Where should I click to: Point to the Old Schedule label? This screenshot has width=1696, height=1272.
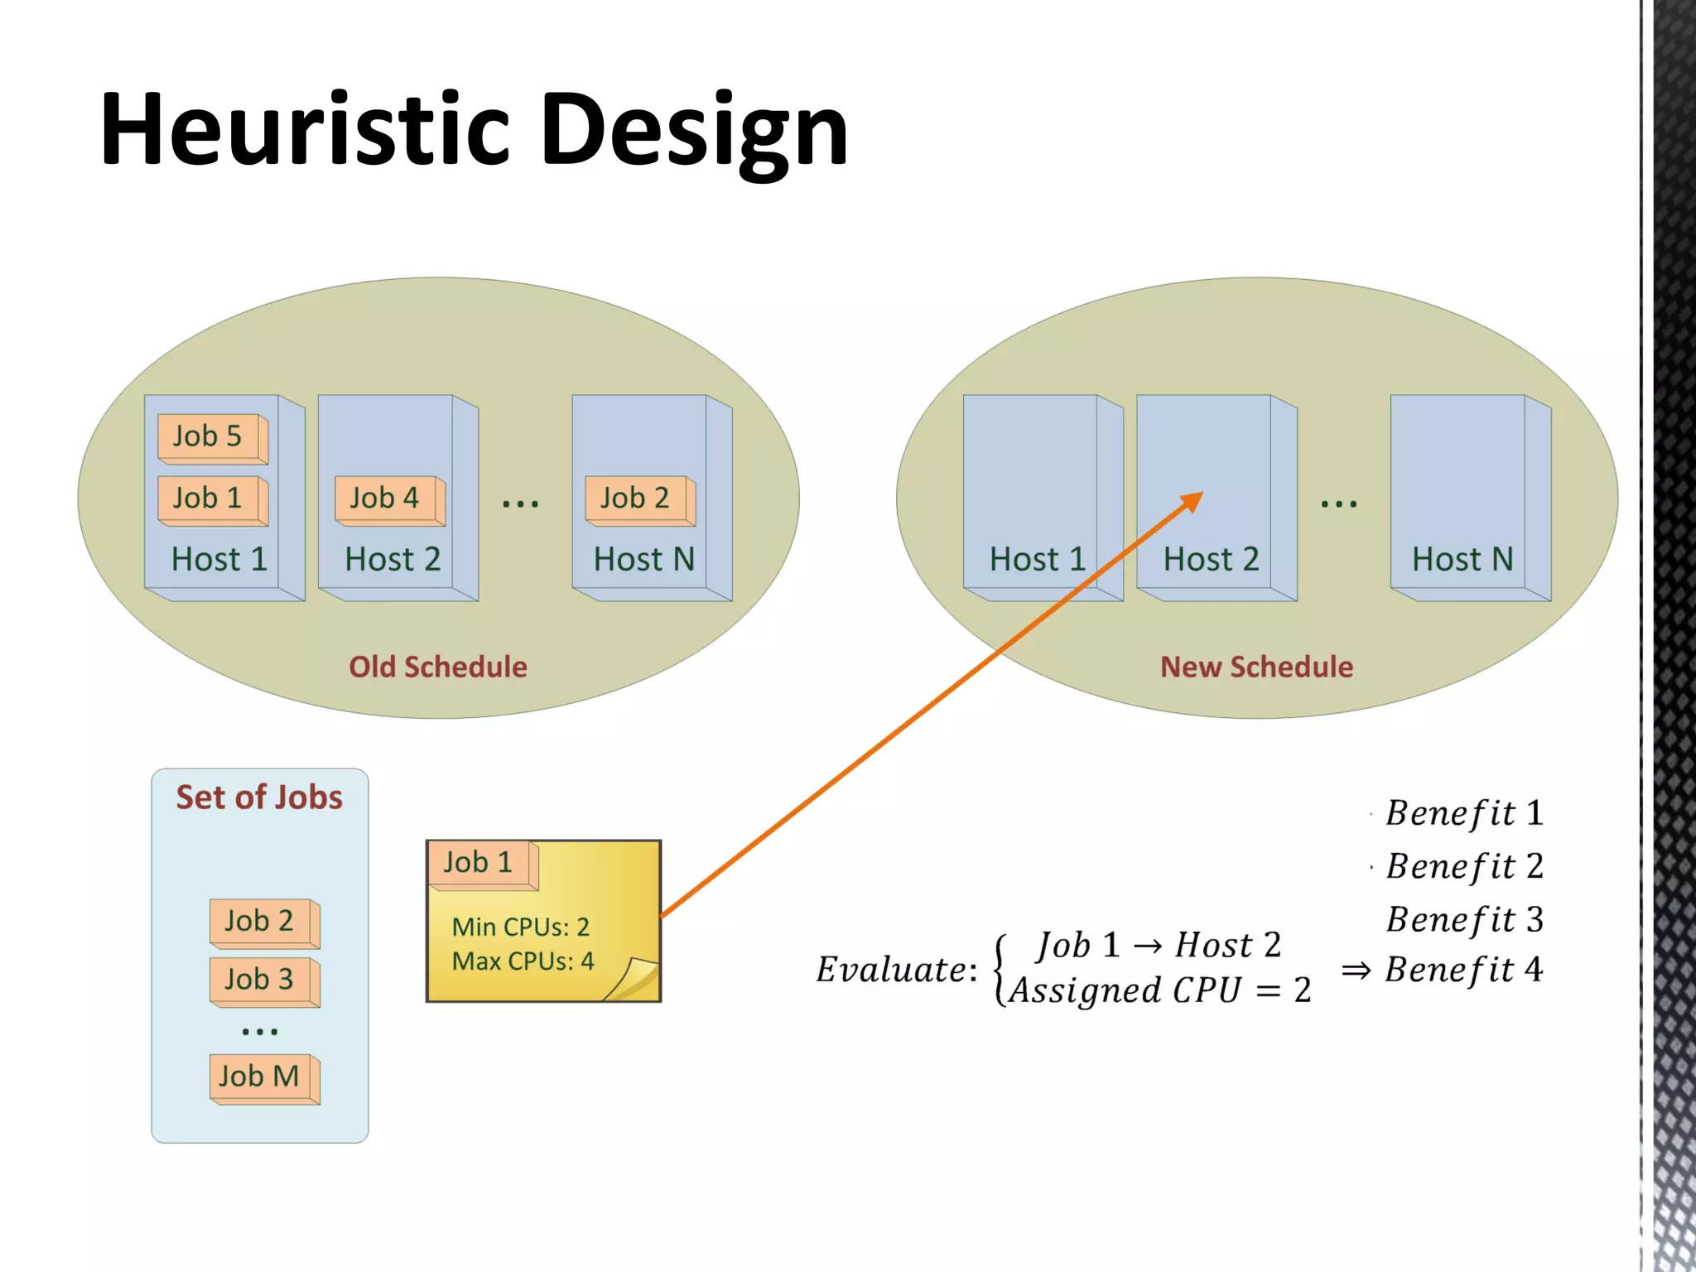pyautogui.click(x=437, y=667)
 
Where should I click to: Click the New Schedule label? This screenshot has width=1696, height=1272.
pyautogui.click(x=1256, y=667)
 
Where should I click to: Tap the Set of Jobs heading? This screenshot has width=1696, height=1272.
pyautogui.click(x=259, y=797)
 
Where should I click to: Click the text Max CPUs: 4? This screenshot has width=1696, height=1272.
pyautogui.click(x=523, y=961)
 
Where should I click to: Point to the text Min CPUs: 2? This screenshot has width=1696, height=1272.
pyautogui.click(x=520, y=927)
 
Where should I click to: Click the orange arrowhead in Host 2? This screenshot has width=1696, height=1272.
pyautogui.click(x=1192, y=500)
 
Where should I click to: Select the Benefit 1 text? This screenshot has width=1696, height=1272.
pyautogui.click(x=1464, y=813)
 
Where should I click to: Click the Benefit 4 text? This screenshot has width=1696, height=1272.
pyautogui.click(x=1464, y=970)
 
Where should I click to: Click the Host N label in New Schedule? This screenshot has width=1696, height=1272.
pyautogui.click(x=1462, y=560)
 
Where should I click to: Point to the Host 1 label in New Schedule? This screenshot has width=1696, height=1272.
pyautogui.click(x=1037, y=560)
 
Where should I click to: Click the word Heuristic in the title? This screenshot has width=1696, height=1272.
pyautogui.click(x=304, y=130)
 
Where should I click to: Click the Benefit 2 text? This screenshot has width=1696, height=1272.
pyautogui.click(x=1464, y=866)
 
